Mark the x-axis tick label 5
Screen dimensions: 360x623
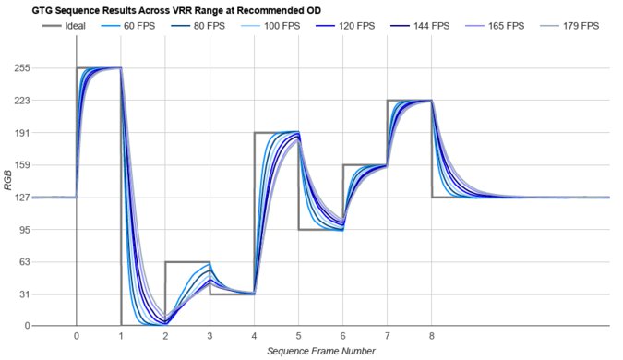pos(298,337)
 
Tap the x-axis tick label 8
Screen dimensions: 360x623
pos(432,337)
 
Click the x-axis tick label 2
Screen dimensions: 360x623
pos(165,337)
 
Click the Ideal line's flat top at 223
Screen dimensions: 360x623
pos(410,101)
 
